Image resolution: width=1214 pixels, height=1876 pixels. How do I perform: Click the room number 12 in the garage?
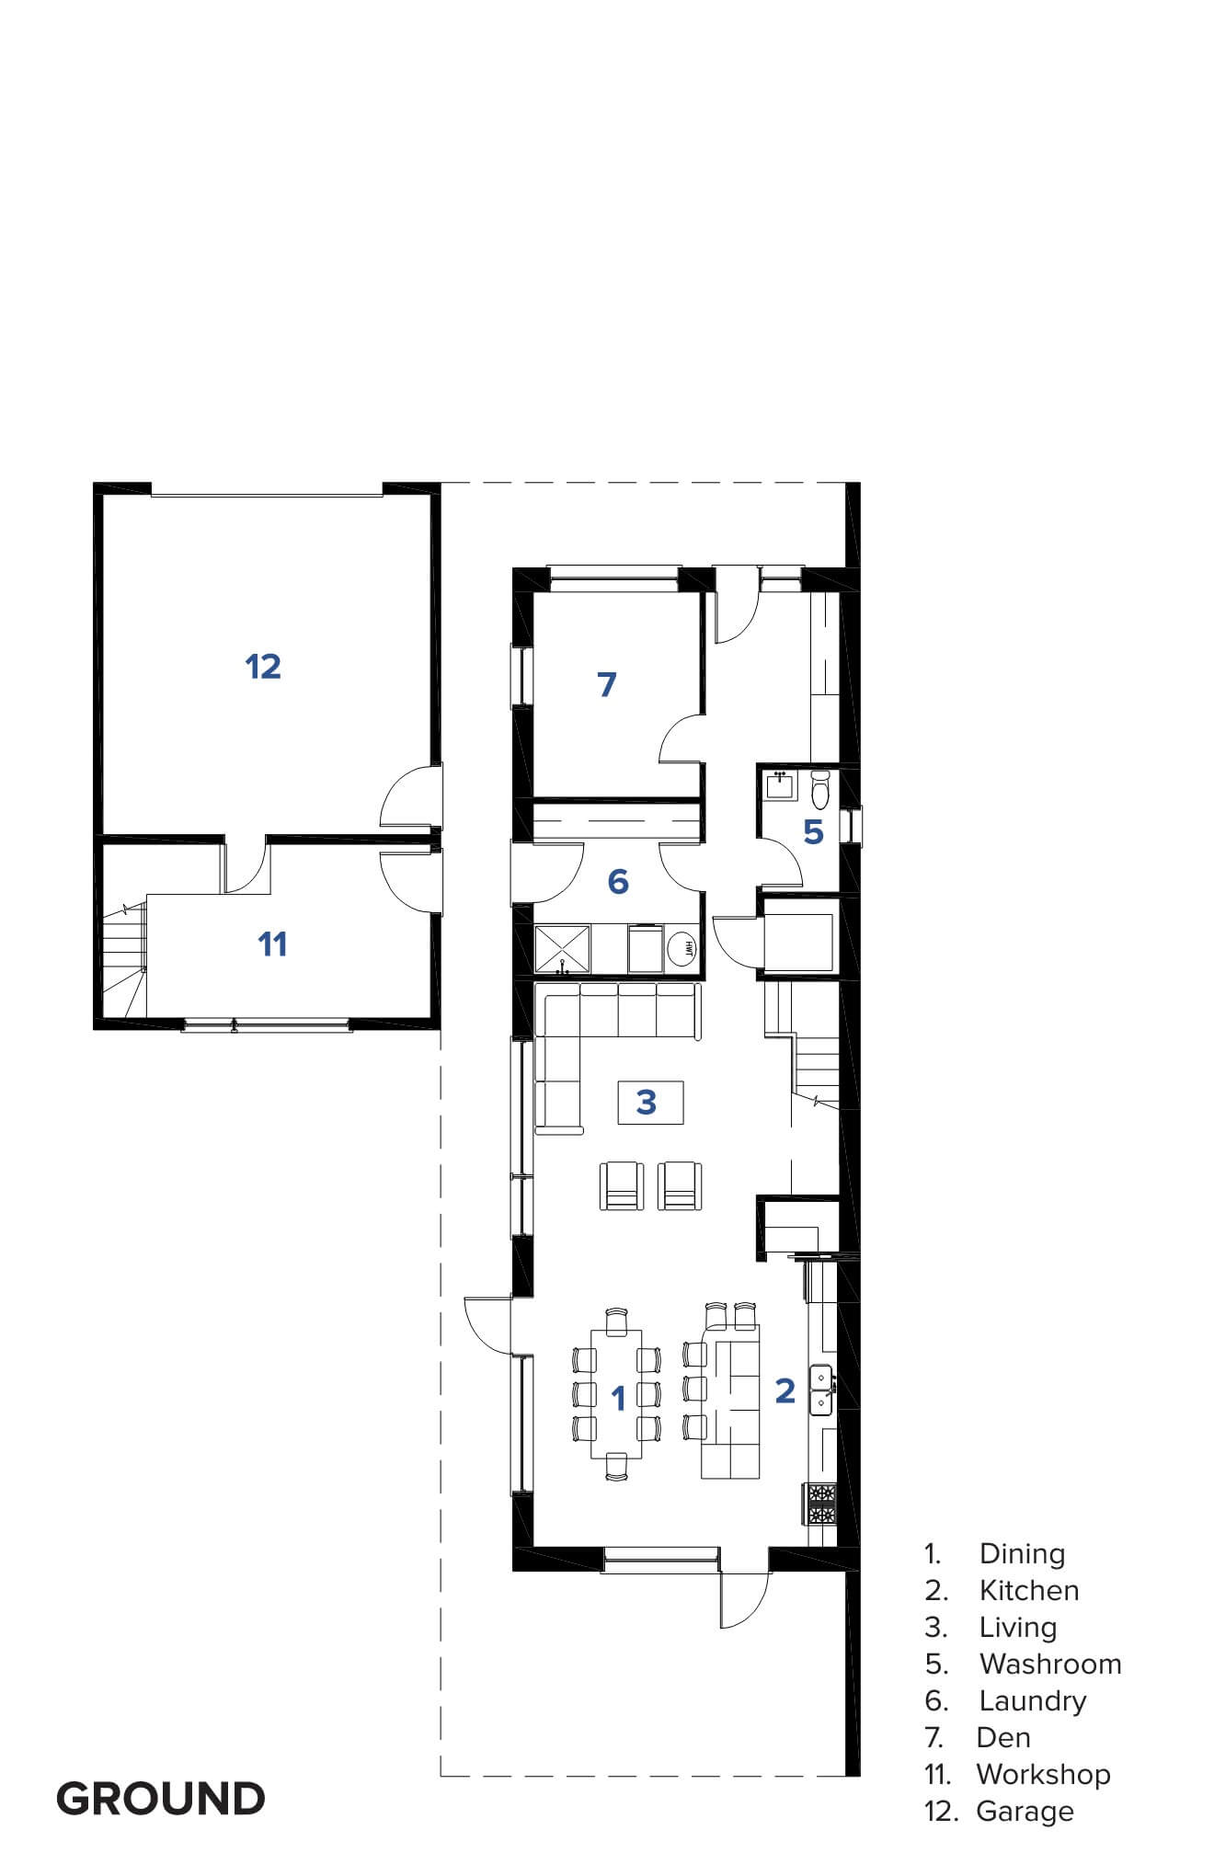coord(263,666)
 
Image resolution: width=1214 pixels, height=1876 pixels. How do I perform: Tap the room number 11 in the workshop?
coord(272,944)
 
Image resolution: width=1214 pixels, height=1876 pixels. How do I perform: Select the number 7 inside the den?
coord(607,684)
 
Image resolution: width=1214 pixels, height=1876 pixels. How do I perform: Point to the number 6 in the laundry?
coord(618,881)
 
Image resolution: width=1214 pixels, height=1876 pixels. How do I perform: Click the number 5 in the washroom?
coord(813,831)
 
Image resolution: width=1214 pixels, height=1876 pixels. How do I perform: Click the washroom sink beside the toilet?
coord(782,786)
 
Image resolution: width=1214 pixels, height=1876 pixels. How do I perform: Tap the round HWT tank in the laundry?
coord(682,948)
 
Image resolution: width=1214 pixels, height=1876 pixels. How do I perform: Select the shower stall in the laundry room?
coord(563,949)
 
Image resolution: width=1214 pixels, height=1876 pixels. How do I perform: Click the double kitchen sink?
coord(821,1390)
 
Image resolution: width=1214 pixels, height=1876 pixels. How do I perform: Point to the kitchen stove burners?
coord(821,1505)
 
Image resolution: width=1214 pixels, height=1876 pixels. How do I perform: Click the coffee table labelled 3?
coord(650,1102)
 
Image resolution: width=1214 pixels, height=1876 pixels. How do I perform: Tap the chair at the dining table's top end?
coord(617,1318)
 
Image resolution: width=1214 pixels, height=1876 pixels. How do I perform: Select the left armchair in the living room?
coord(622,1185)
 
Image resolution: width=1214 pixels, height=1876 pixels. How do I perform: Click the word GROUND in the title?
coord(161,1799)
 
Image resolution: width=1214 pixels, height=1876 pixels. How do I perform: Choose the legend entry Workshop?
coord(1043,1774)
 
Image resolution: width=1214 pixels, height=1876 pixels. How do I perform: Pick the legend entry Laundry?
coord(1033,1701)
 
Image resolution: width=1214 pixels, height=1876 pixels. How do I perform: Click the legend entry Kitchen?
coord(1029,1590)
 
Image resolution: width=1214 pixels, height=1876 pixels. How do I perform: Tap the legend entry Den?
coord(1003,1737)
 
